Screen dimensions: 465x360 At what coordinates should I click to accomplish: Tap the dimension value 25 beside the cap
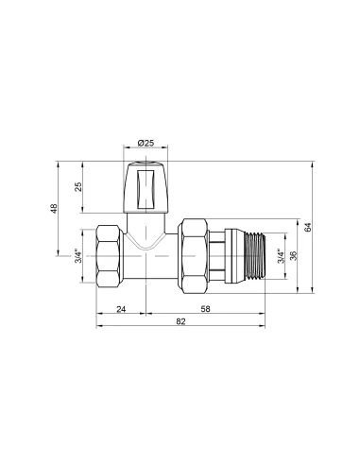coord(79,186)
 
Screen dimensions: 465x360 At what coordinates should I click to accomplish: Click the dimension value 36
coord(293,256)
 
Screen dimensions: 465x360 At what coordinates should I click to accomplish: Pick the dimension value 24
coord(121,309)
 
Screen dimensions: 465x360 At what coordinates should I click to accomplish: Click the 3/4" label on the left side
coord(78,256)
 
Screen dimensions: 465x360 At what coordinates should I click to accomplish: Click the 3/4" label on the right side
coord(279,256)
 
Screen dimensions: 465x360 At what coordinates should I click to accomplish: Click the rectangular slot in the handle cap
coord(146,188)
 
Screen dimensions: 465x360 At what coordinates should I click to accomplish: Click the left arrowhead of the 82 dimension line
coord(98,329)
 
